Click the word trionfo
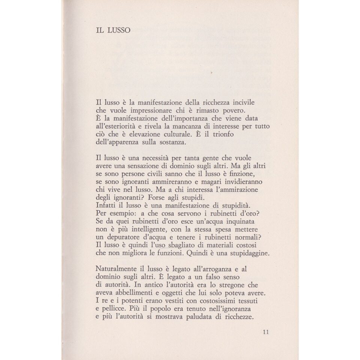pos(232,135)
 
